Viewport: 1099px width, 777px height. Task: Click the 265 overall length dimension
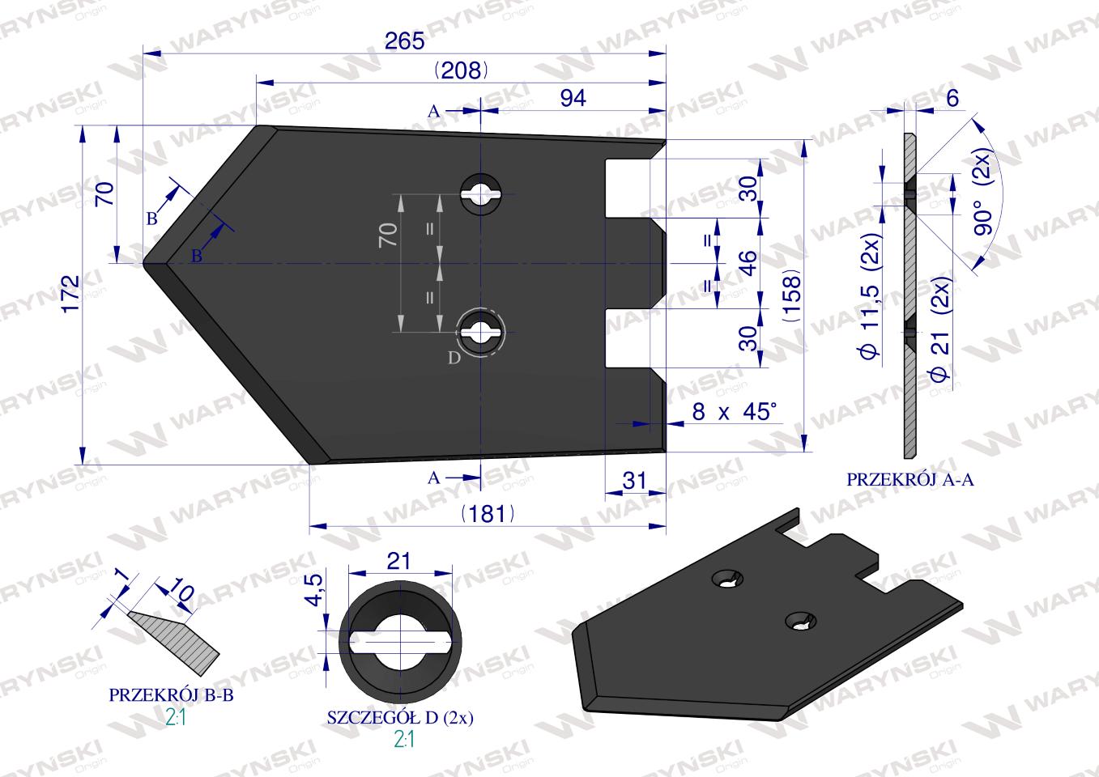(x=404, y=41)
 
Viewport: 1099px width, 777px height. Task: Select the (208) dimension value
(x=461, y=71)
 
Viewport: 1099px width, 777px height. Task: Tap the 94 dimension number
(x=573, y=99)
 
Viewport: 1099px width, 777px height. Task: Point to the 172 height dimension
(x=71, y=294)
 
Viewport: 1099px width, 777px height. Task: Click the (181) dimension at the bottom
(x=488, y=514)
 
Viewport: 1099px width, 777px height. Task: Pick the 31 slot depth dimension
(x=634, y=481)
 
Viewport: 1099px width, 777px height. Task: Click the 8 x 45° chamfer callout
(x=735, y=412)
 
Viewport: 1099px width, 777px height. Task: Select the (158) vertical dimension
(x=792, y=295)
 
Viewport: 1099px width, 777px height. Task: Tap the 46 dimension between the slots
(x=748, y=263)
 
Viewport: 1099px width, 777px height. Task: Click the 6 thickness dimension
(x=952, y=99)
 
